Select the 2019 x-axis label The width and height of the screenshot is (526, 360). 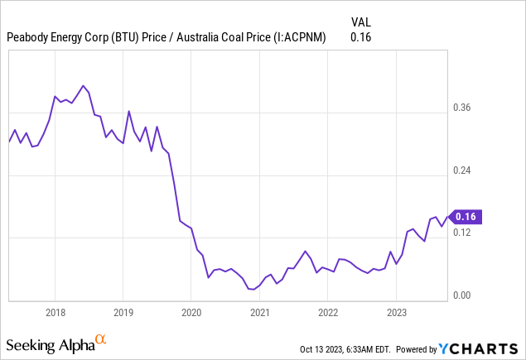coord(123,313)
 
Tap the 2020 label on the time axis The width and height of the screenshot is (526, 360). coord(191,313)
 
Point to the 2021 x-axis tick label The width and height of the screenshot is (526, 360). coord(259,313)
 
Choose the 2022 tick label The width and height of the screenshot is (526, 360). coord(328,313)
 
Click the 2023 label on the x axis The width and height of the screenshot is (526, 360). coord(396,313)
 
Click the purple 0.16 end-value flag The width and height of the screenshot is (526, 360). coord(466,217)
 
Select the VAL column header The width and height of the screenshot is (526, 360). coord(360,22)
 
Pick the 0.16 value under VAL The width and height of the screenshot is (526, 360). coord(360,37)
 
